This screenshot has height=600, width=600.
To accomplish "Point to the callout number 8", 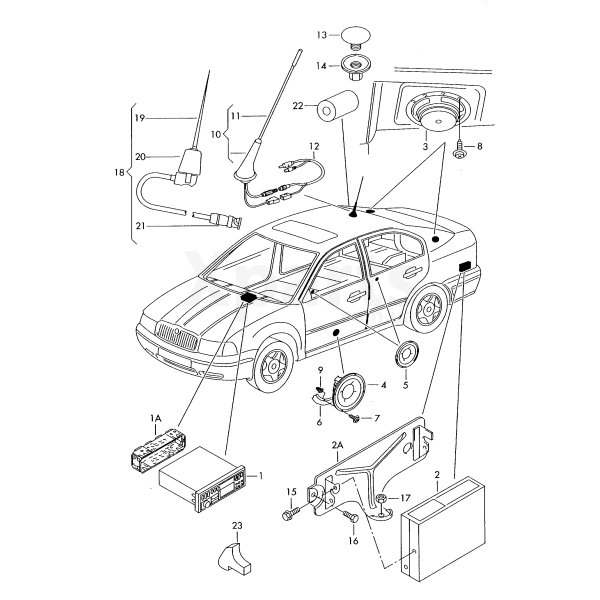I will (479, 147).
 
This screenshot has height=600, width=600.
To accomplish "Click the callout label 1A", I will (155, 421).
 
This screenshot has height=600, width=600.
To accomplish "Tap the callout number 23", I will (237, 526).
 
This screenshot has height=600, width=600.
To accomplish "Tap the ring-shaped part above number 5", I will (405, 354).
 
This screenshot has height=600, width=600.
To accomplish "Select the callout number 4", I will (382, 384).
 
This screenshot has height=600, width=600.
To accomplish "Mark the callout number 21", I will (140, 226).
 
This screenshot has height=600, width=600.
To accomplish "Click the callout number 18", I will (120, 173).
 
